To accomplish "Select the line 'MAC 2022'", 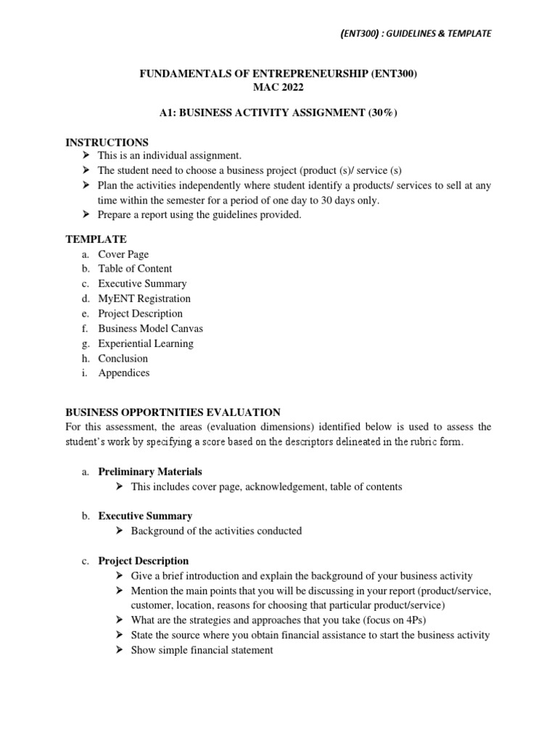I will click(278, 88).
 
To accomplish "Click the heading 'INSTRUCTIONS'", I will click(107, 143).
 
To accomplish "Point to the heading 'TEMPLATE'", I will click(96, 238).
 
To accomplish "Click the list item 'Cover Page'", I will click(123, 254).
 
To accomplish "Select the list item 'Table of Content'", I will click(135, 269).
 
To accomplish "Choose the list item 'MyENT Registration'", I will click(144, 299).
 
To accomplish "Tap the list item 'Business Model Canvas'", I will click(150, 328).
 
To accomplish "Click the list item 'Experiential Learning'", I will click(146, 343).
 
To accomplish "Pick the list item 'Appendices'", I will click(124, 373).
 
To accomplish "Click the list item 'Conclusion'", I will click(123, 358).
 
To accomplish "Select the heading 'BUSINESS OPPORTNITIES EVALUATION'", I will click(173, 412).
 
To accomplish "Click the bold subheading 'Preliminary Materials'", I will click(150, 472).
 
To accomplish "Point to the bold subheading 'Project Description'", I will click(143, 561).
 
